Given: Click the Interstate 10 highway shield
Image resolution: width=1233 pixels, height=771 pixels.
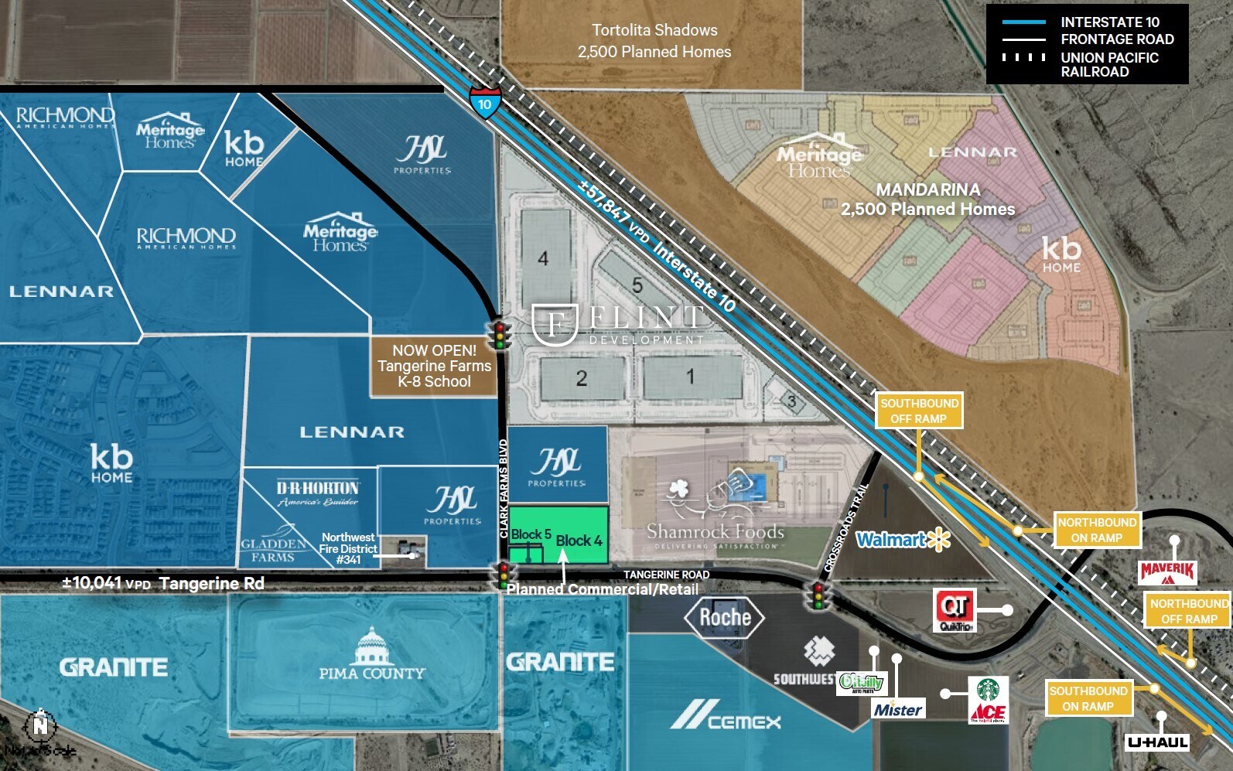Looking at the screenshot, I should (484, 103).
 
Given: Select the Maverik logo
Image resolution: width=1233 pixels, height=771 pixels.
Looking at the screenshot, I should (1167, 573).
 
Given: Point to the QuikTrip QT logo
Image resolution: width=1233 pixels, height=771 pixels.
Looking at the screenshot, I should (955, 608).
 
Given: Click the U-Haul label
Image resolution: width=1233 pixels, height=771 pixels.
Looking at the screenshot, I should (1157, 742).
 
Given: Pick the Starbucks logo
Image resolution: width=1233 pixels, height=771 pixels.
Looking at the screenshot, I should (988, 688).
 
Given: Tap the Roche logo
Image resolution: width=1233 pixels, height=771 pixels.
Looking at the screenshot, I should (725, 617).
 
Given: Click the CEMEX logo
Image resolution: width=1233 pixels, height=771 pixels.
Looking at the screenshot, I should (726, 715).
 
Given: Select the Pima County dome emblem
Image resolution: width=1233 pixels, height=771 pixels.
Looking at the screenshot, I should (372, 645).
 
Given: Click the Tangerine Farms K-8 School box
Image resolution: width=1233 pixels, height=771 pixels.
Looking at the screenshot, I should (434, 366).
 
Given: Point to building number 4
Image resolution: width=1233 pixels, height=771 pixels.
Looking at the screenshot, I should (543, 258).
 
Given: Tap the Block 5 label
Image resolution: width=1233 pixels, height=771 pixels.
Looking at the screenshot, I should (531, 534).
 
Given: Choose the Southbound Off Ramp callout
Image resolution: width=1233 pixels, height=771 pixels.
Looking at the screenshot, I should (919, 411).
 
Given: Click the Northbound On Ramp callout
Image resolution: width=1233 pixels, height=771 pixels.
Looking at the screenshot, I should (1097, 530).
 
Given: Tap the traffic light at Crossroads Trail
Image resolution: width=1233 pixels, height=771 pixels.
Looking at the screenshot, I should (818, 596).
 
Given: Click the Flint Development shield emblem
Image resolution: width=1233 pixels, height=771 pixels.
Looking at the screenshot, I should (555, 324).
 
